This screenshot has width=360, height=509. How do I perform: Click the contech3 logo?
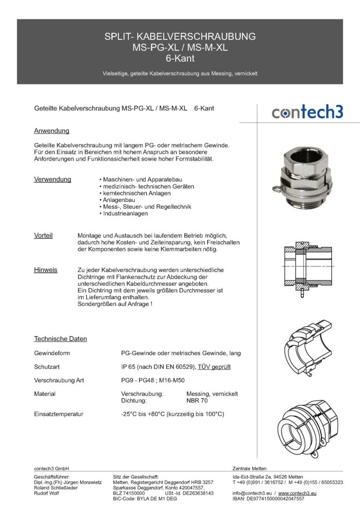pyautogui.click(x=307, y=112)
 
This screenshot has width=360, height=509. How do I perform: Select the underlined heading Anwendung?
pyautogui.click(x=51, y=131)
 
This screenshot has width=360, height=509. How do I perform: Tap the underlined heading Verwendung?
pyautogui.click(x=52, y=179)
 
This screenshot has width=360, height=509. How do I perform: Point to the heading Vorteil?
pyautogui.click(x=43, y=235)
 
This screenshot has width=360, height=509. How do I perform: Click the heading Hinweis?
pyautogui.click(x=45, y=270)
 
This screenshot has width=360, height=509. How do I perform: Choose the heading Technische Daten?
pyautogui.click(x=60, y=339)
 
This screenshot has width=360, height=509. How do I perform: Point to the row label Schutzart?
pyautogui.click(x=48, y=367)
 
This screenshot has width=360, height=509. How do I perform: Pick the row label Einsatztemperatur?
pyautogui.click(x=58, y=414)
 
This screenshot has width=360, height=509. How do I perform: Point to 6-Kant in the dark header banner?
pyautogui.click(x=180, y=58)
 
